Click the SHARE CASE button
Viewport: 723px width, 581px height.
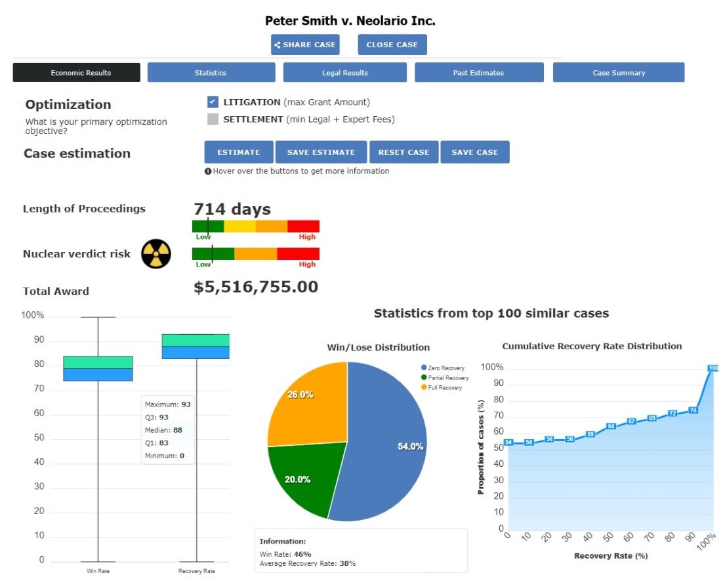point(305,45)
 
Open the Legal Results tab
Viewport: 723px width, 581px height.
point(344,73)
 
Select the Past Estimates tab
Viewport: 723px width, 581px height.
point(478,73)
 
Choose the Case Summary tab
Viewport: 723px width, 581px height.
point(618,73)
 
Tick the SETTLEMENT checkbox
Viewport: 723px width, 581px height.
point(213,119)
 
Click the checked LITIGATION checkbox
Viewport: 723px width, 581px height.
point(213,102)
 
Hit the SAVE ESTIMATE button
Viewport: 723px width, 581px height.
point(321,152)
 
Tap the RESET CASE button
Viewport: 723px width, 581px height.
point(403,152)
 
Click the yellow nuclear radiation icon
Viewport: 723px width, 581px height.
point(156,254)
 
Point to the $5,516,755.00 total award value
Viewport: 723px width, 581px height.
point(256,287)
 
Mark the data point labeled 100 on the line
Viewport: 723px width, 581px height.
point(713,368)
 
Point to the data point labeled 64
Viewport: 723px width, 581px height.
point(611,426)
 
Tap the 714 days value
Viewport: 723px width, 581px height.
point(232,209)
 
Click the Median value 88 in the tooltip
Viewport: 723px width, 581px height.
point(177,430)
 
